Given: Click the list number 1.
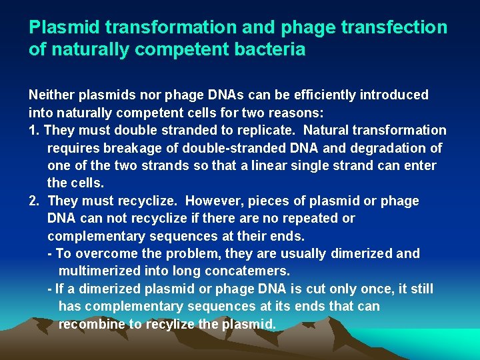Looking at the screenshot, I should (x=33, y=130).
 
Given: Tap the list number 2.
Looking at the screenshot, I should (x=33, y=201).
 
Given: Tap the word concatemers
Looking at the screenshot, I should (x=248, y=271).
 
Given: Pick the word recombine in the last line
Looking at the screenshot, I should (x=90, y=324).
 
